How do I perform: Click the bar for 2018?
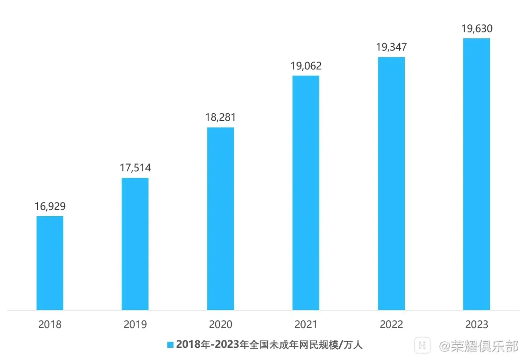(50, 263)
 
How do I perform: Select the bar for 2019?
(135, 244)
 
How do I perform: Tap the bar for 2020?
(221, 219)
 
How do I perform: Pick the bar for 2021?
(306, 193)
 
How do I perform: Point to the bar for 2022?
(391, 184)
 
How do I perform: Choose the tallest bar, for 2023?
(476, 174)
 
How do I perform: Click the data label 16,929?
(50, 206)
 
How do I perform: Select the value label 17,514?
(135, 168)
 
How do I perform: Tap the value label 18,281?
(221, 117)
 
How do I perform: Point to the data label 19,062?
(306, 66)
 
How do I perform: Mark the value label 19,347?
(392, 47)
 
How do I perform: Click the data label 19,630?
(477, 29)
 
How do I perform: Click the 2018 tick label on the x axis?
(50, 325)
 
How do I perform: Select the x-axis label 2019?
(135, 325)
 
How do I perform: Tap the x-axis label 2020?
(221, 325)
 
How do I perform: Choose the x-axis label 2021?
(306, 325)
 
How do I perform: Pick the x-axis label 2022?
(391, 325)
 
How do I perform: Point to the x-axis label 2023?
(477, 325)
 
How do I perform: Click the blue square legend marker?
(170, 345)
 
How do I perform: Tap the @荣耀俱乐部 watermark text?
(478, 346)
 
